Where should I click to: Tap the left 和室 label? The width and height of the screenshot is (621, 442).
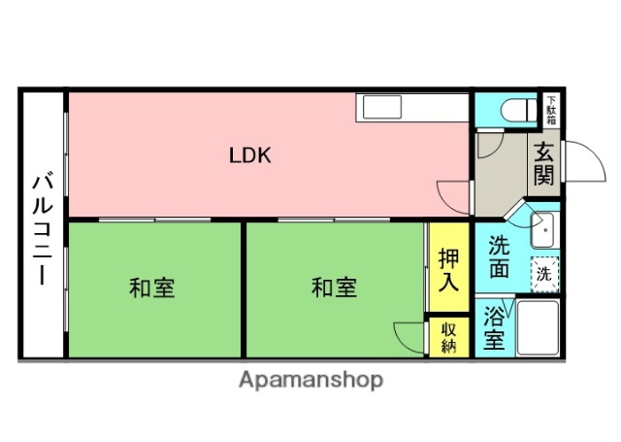tap(152, 288)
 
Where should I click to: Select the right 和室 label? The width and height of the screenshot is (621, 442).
tap(334, 288)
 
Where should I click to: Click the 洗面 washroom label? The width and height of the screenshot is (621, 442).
tap(498, 258)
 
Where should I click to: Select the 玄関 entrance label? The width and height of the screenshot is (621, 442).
tap(542, 164)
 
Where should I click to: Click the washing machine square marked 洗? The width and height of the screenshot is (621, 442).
tap(543, 274)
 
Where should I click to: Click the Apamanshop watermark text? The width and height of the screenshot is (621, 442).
tap(310, 380)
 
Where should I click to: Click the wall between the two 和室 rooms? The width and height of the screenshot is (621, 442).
tap(242, 289)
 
